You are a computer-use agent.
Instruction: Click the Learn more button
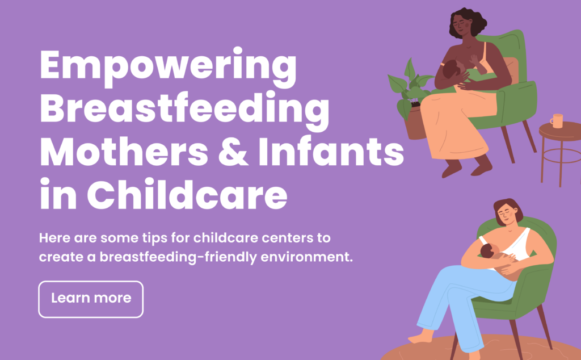[91, 299]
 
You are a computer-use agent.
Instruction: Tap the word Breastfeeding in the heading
[184, 110]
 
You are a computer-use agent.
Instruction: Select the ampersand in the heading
[233, 151]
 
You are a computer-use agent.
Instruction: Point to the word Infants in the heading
[331, 151]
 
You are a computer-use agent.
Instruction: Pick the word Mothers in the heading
[124, 151]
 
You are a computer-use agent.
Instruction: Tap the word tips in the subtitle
[154, 238]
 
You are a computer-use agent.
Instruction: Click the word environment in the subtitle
[306, 257]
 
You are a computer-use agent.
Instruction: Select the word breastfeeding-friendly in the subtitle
[178, 257]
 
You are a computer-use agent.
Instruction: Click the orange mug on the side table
[557, 120]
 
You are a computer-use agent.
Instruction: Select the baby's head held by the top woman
[452, 69]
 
